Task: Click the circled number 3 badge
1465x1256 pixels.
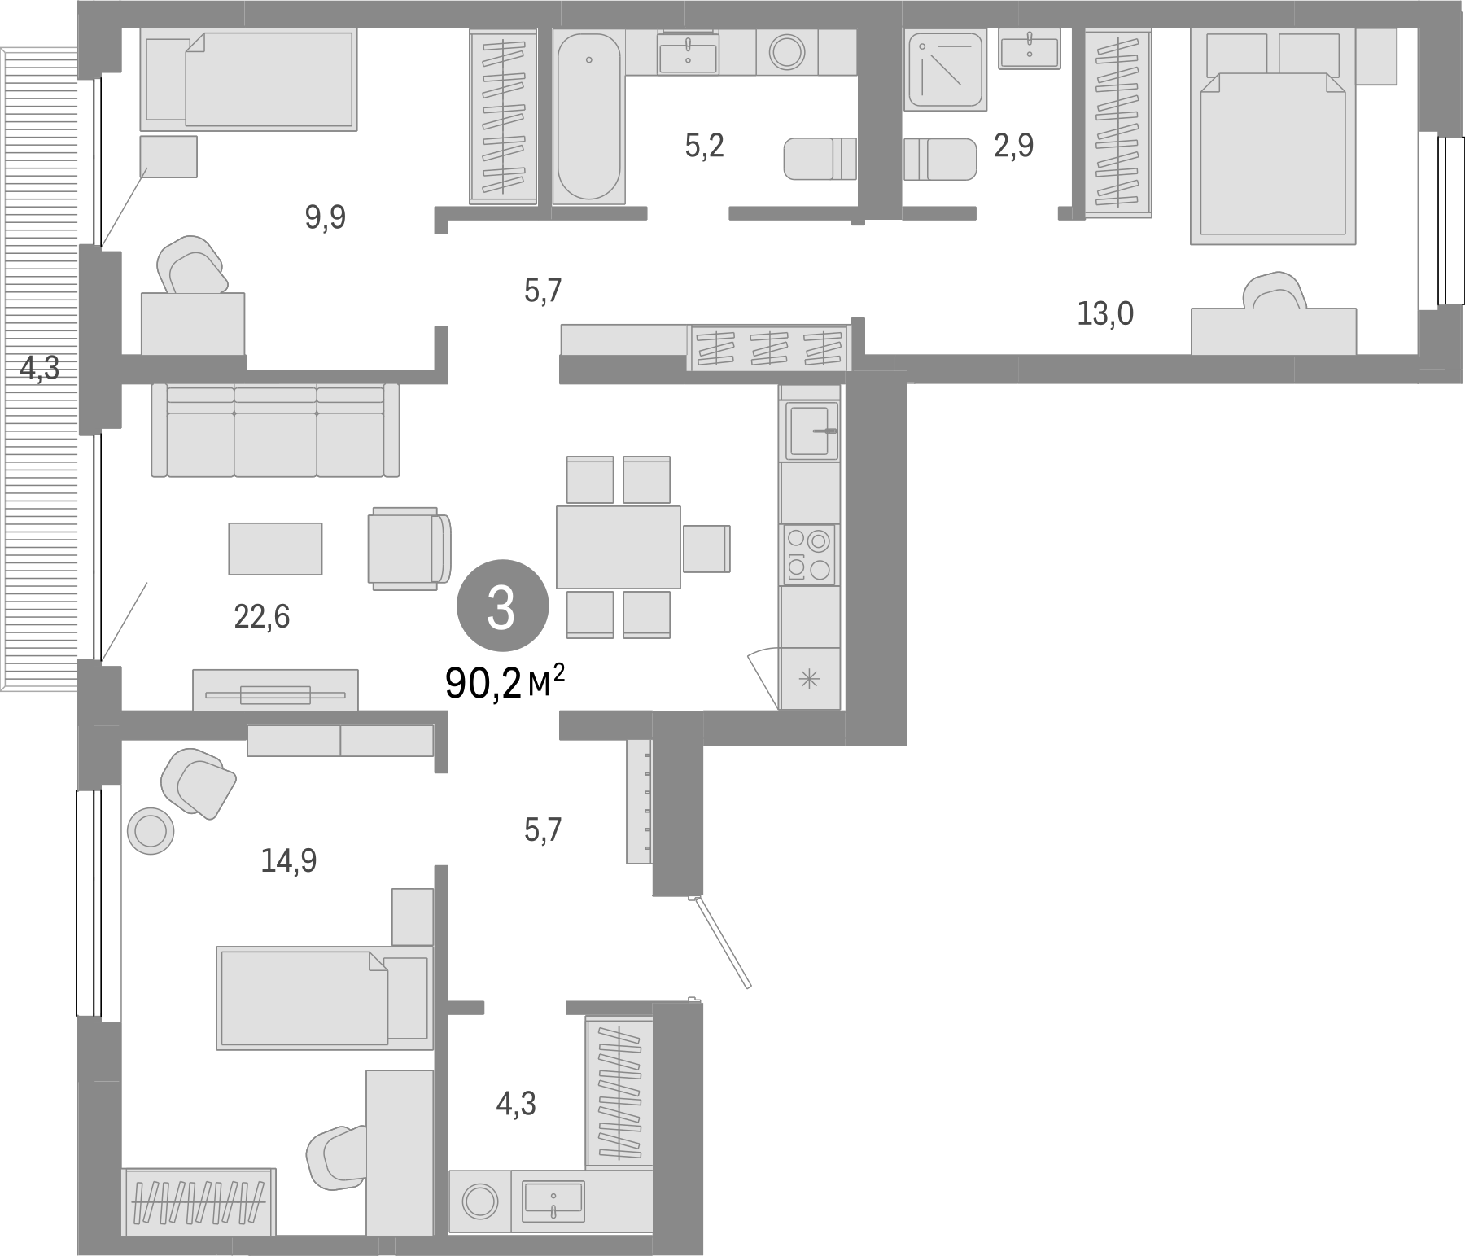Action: coord(502,606)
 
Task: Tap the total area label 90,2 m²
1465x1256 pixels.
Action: coord(505,685)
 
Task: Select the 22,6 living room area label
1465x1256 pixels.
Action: coord(262,618)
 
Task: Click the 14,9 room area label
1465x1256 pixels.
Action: coord(288,860)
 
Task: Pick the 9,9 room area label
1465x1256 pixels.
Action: coord(326,217)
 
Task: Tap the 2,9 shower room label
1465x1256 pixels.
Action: coord(1013,147)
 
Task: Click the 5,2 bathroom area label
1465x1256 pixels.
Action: coord(704,147)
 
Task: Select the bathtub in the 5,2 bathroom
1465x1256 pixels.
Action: coord(588,116)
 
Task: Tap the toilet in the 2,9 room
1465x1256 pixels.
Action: coord(940,159)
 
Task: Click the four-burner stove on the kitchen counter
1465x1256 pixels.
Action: coord(809,554)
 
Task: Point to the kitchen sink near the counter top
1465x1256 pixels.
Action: coord(809,431)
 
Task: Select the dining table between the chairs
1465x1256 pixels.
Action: coord(619,547)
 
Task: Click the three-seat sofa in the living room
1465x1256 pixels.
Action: coord(275,430)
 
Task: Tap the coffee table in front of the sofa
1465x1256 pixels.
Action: coord(275,549)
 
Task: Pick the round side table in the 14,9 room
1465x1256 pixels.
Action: coord(151,831)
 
